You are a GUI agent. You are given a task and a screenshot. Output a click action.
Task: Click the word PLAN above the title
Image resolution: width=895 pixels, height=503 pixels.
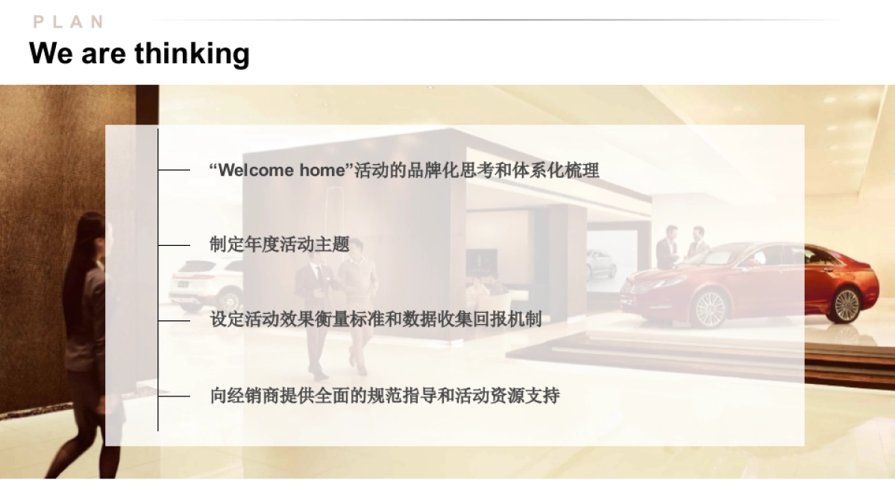[x=69, y=22]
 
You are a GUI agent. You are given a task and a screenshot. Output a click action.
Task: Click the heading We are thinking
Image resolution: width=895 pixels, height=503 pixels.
[x=139, y=54]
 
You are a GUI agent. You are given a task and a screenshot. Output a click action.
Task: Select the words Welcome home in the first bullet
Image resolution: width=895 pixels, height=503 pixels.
[x=278, y=171]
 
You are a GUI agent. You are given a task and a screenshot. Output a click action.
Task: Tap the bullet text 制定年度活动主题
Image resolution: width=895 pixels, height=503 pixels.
[x=280, y=245]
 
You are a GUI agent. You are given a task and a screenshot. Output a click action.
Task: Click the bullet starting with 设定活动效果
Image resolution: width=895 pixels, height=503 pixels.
[x=376, y=320]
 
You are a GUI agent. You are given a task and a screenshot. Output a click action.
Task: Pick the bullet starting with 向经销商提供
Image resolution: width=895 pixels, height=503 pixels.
[x=385, y=395]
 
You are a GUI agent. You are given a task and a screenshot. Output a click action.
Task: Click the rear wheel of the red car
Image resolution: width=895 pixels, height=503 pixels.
[x=846, y=303]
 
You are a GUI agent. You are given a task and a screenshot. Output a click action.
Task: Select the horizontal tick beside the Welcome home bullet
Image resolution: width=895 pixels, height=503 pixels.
[x=175, y=171]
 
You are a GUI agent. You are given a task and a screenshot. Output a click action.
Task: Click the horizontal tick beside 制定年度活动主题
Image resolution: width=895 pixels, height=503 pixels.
[x=175, y=245]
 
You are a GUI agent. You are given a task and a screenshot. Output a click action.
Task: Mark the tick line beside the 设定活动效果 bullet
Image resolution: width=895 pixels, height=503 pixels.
[x=175, y=320]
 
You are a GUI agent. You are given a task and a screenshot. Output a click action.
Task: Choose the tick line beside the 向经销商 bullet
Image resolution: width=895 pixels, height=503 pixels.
[x=175, y=396]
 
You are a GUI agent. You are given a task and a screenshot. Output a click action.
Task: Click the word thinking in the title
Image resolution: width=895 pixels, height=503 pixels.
[x=192, y=54]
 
